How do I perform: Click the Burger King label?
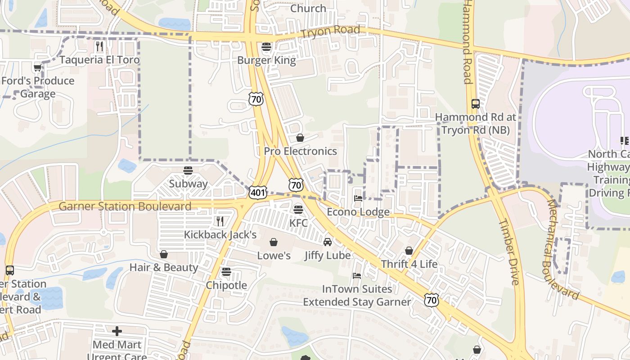266,60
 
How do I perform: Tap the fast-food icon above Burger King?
266,47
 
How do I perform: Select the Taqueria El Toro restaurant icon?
99,46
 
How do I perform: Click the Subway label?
188,184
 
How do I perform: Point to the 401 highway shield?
258,193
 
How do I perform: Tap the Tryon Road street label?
330,31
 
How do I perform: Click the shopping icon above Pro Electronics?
300,138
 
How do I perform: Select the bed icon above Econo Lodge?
358,198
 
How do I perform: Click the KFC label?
298,223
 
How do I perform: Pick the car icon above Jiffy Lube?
328,242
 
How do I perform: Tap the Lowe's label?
274,256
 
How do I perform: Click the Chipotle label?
226,285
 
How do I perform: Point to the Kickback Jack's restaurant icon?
220,221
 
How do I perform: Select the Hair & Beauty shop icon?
164,254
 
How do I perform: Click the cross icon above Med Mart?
117,332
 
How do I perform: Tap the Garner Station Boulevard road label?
125,207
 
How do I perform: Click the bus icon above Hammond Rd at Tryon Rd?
476,104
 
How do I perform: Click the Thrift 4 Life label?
409,264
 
